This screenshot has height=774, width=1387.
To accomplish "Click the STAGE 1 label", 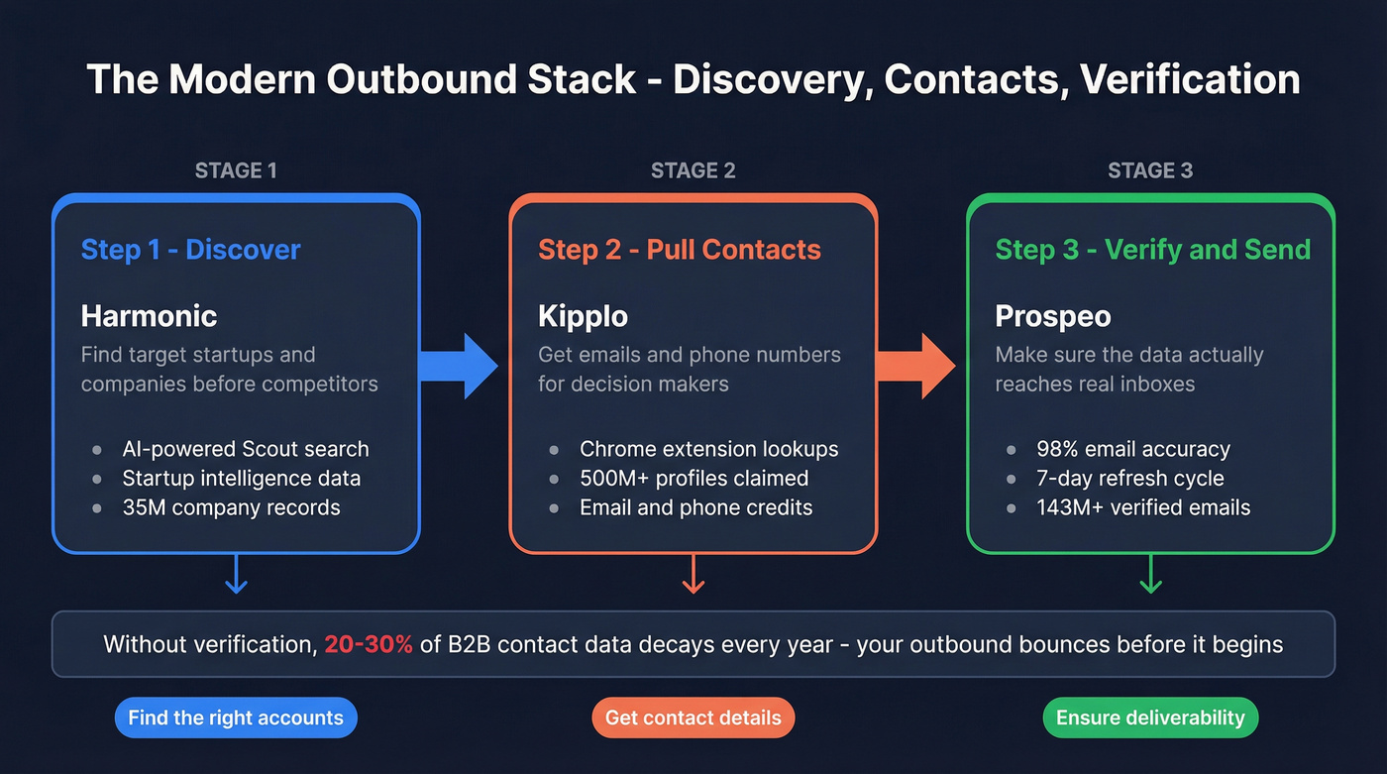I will coord(236,170).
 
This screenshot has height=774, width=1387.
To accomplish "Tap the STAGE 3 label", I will coord(1150,170).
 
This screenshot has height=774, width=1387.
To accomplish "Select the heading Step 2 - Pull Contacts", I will coord(680,249).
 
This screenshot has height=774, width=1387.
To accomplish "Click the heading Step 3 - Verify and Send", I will coord(1152,249).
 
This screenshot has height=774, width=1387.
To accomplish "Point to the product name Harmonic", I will coord(149,316).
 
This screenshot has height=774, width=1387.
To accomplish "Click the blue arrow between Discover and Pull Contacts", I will coord(458,366).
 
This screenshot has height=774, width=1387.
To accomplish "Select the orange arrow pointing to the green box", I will coord(914,366).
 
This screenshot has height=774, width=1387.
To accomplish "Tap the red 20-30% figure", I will coord(369,644).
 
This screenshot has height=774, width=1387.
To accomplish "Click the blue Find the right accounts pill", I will coord(236,718).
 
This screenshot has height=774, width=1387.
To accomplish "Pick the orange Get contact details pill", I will coord(693,718).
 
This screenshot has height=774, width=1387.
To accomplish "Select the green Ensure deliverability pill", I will coord(1150,718).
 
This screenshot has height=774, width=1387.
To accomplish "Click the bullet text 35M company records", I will coord(231,507).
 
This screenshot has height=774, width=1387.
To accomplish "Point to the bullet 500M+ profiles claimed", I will coord(693,479).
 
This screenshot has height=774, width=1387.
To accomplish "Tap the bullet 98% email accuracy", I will coord(1133,449).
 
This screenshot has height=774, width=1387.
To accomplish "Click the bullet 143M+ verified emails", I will coord(1143,507).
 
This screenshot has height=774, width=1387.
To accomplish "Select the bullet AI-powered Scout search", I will coord(245,449).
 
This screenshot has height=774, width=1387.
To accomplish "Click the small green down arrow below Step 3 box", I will coord(1150,575).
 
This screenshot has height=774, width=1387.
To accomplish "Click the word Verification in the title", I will coord(1190,79).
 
